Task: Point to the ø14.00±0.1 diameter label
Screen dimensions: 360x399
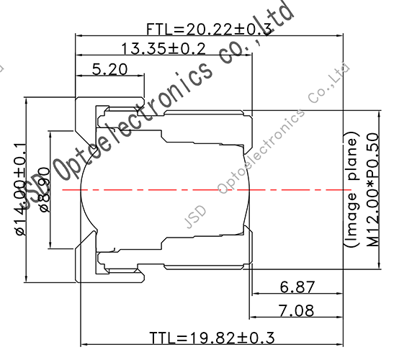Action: tap(20, 190)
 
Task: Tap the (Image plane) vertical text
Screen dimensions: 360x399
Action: tap(351, 190)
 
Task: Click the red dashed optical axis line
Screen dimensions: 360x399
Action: tap(216, 190)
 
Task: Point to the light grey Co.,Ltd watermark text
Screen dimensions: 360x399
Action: tap(328, 84)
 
